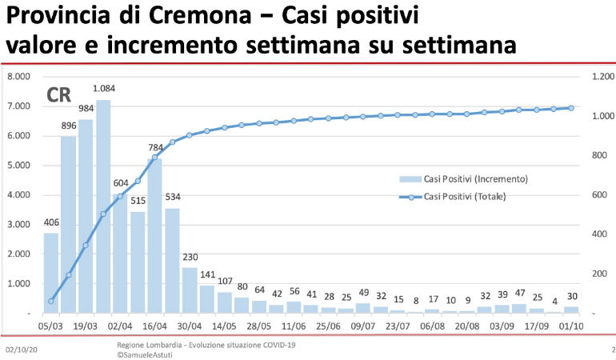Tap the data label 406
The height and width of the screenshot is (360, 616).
click(51, 222)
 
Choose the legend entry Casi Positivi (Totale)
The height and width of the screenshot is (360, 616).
click(470, 196)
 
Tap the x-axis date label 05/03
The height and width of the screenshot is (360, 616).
click(51, 327)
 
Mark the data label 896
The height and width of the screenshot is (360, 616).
click(68, 126)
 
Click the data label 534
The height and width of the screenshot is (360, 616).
click(173, 197)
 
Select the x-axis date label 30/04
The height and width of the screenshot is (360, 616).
click(190, 327)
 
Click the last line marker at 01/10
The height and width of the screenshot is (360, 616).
click(572, 108)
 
